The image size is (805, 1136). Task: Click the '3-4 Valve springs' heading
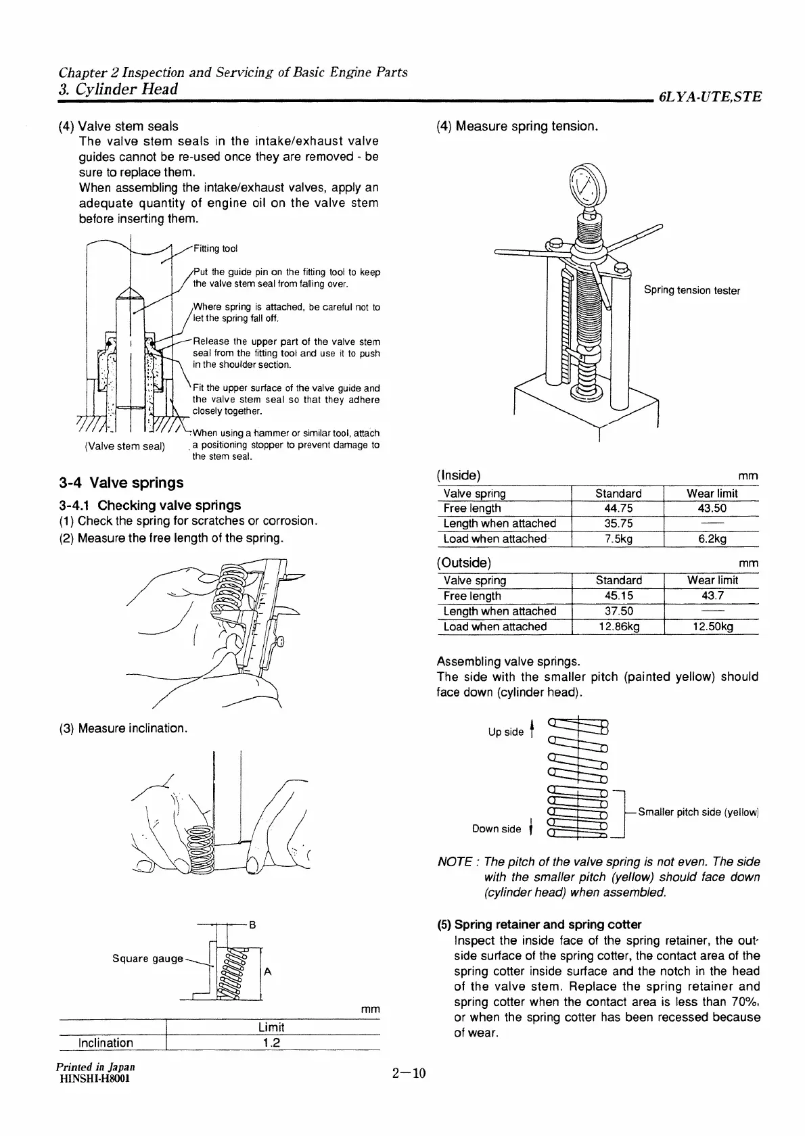pyautogui.click(x=121, y=483)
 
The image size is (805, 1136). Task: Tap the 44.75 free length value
pyautogui.click(x=618, y=508)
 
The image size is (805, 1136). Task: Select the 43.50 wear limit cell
pyautogui.click(x=712, y=508)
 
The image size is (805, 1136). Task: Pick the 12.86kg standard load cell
pyautogui.click(x=618, y=627)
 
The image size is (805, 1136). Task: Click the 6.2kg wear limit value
pyautogui.click(x=712, y=539)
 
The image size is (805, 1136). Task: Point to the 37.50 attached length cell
pyautogui.click(x=618, y=611)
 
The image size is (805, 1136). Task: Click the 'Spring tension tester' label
pyautogui.click(x=691, y=291)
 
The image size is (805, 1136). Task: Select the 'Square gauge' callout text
pyautogui.click(x=147, y=959)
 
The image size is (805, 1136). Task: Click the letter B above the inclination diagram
pyautogui.click(x=252, y=924)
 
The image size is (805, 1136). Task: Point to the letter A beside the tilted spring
pyautogui.click(x=268, y=972)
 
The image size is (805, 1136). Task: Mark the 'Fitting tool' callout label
pyautogui.click(x=215, y=249)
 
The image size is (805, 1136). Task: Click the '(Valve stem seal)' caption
pyautogui.click(x=124, y=446)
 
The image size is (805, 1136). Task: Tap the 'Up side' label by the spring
pyautogui.click(x=505, y=732)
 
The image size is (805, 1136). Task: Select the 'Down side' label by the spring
pyautogui.click(x=497, y=829)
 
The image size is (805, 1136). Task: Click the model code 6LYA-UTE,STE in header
pyautogui.click(x=710, y=97)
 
